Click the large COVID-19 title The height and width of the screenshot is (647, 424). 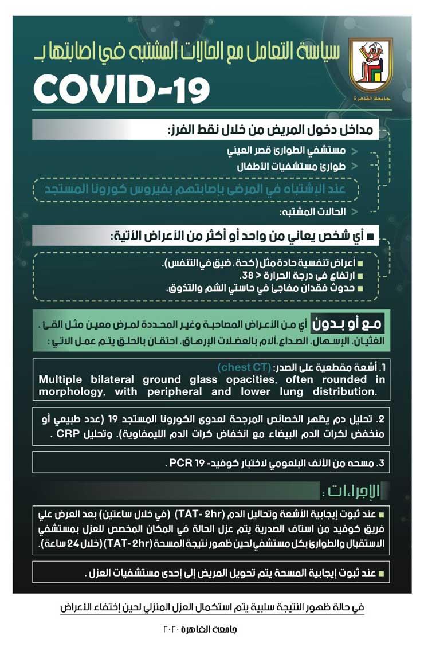pos(121,88)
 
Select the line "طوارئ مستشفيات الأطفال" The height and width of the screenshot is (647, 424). pos(298,168)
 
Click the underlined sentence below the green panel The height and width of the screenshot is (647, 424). pos(212,607)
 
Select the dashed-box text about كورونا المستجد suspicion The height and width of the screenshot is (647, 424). pos(196,188)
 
